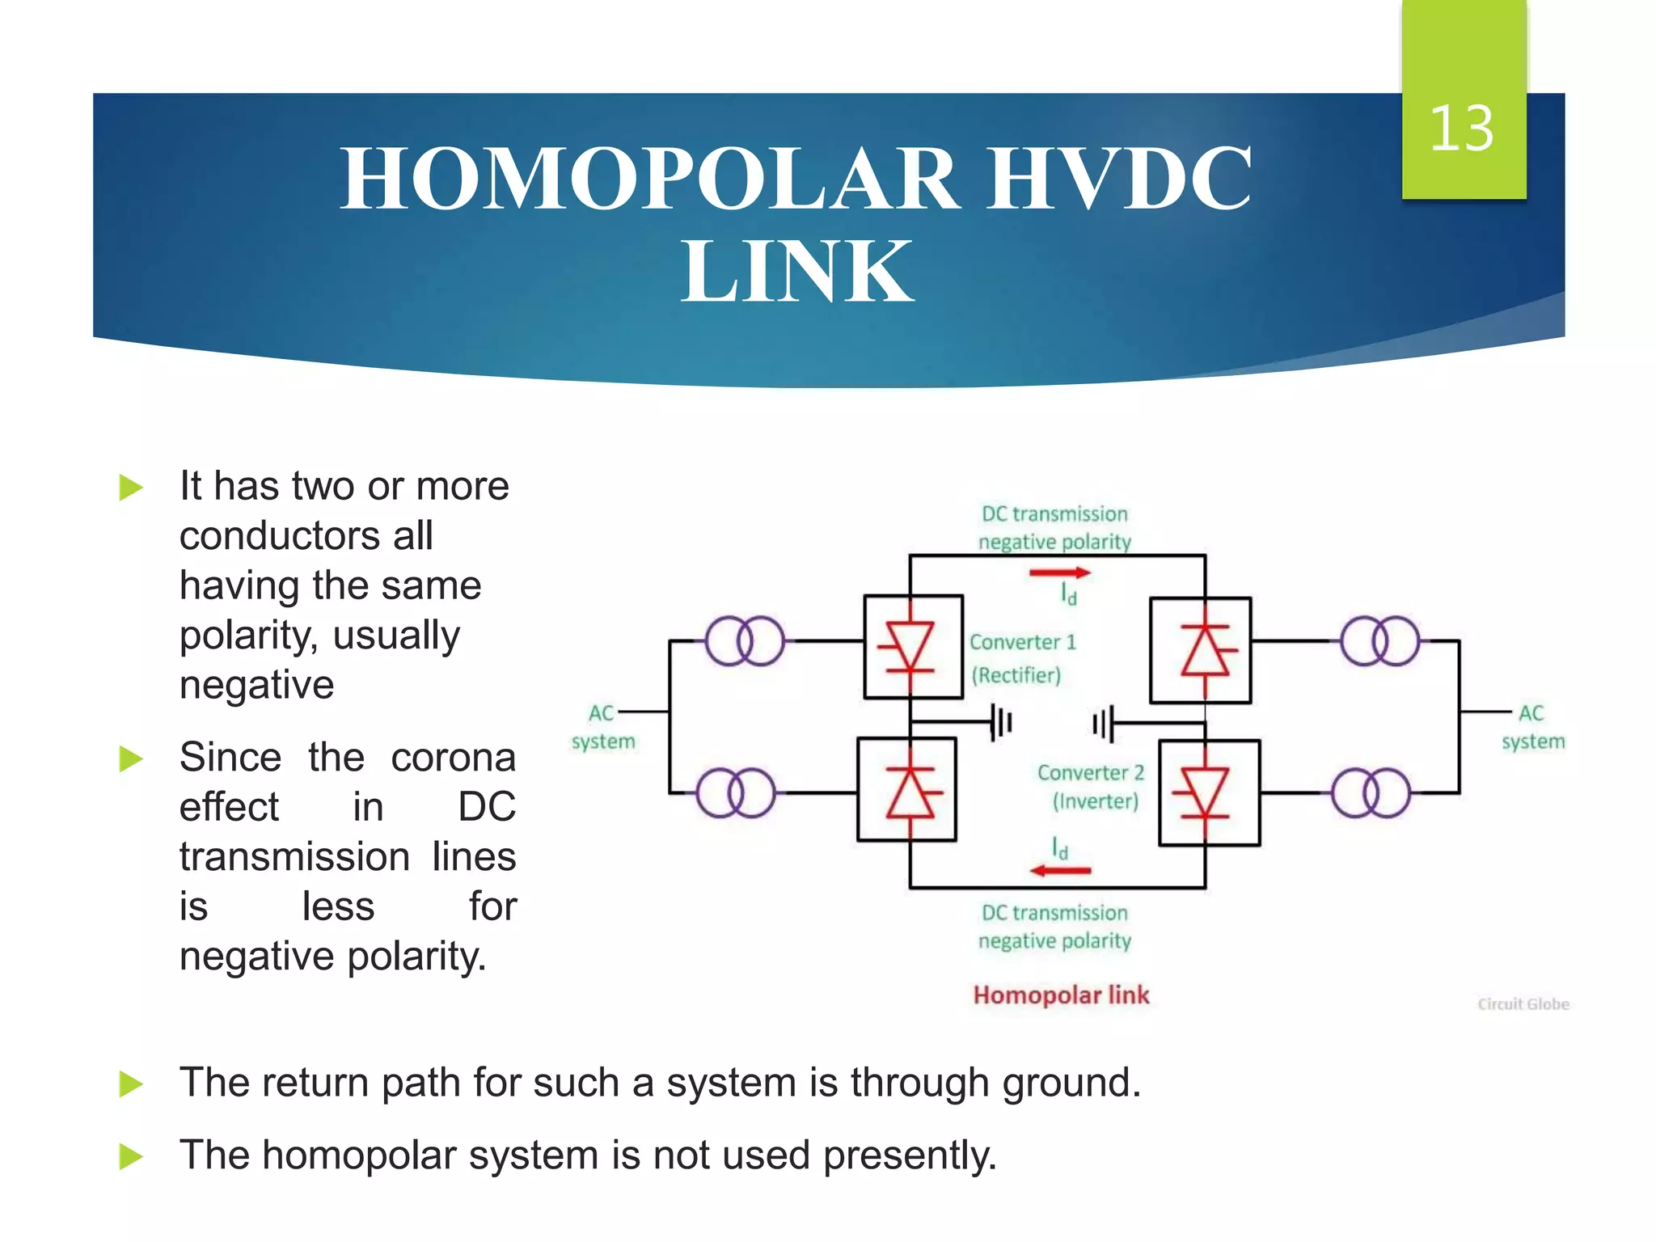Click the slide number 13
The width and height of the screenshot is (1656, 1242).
pyautogui.click(x=1461, y=129)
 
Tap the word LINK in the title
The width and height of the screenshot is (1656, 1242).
pyautogui.click(x=797, y=272)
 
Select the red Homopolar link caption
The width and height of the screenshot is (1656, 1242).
pyautogui.click(x=1061, y=995)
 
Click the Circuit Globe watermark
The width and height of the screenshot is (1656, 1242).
pyautogui.click(x=1523, y=1004)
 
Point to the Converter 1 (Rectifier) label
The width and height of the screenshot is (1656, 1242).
pyautogui.click(x=1021, y=658)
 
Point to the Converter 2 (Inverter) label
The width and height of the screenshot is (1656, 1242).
pyautogui.click(x=1092, y=787)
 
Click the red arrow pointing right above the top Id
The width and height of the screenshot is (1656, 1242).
pyautogui.click(x=1059, y=573)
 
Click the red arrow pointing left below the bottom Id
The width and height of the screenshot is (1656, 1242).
pyautogui.click(x=1060, y=871)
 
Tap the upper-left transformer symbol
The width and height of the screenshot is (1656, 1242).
pyautogui.click(x=745, y=641)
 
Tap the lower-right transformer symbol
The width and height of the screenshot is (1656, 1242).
pyautogui.click(x=1371, y=792)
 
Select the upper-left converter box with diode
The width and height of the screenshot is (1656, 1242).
pyautogui.click(x=913, y=647)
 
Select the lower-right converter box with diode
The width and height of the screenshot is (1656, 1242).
pyautogui.click(x=1209, y=792)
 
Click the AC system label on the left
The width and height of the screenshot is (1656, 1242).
pyautogui.click(x=603, y=727)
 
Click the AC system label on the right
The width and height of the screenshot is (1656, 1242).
pyautogui.click(x=1532, y=727)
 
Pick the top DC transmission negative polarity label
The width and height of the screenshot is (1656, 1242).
pyautogui.click(x=1054, y=527)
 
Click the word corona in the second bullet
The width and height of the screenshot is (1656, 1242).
pyautogui.click(x=453, y=758)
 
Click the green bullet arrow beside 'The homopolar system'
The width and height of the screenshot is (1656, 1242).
pyautogui.click(x=130, y=1155)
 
